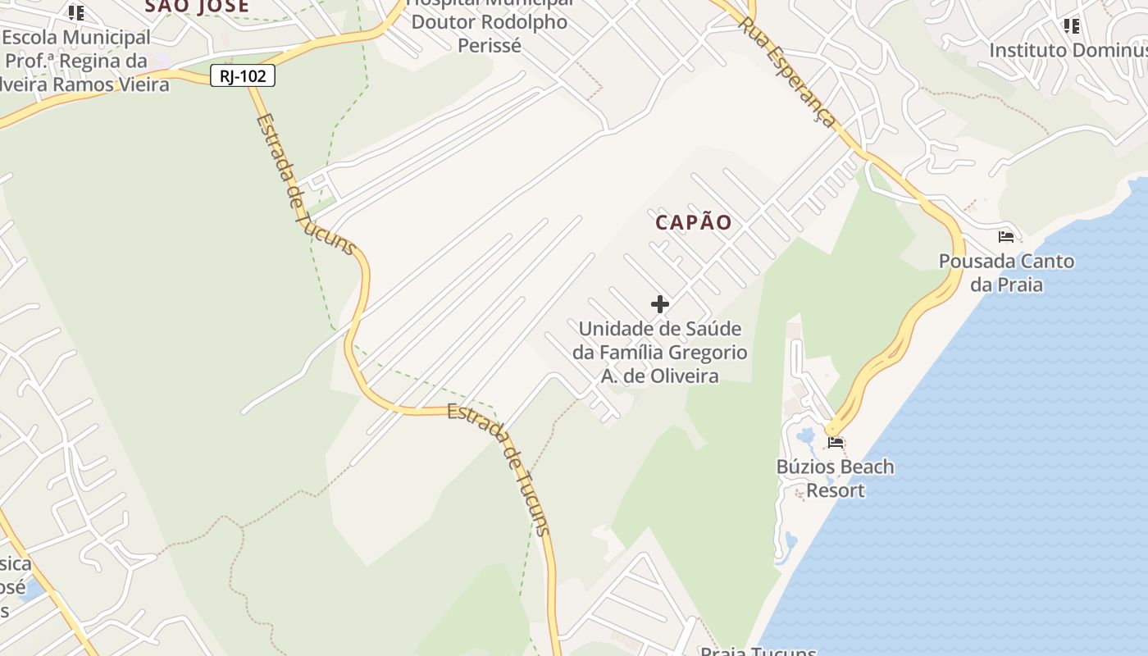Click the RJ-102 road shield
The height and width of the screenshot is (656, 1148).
242,76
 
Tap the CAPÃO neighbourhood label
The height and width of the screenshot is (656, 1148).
693,222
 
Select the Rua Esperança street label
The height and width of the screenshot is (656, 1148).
788,72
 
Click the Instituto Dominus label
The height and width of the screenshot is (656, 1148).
1068,50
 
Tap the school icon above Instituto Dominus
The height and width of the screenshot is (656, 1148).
1071,26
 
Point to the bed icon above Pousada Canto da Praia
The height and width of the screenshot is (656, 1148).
1006,237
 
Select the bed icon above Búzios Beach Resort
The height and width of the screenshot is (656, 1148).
836,443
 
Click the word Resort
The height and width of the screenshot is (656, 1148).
836,490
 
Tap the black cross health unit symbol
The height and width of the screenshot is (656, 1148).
660,305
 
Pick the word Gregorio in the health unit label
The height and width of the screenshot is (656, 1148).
708,353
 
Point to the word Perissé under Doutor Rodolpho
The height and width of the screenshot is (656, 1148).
489,46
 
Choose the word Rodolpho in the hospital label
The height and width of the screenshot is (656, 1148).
523,22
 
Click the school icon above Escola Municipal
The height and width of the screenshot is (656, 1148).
76,12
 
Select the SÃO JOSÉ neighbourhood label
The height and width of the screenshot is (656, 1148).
197,7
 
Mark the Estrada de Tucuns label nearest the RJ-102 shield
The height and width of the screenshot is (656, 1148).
306,184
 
